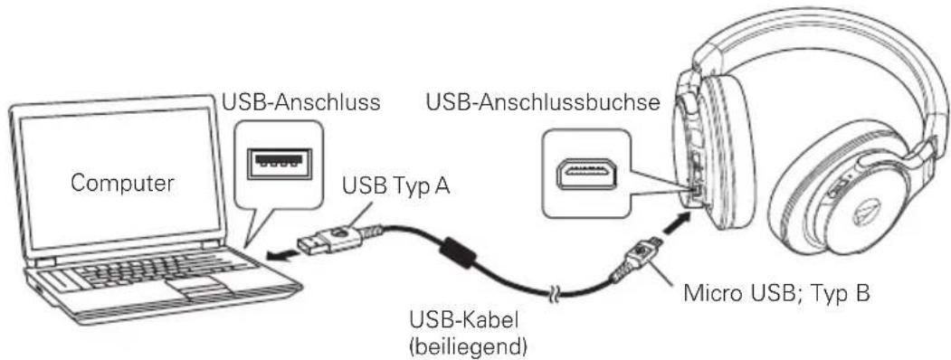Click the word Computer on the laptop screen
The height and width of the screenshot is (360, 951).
click(x=122, y=183)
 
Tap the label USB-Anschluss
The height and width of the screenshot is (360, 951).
click(x=300, y=102)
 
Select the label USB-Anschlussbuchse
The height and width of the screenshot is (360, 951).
click(x=543, y=102)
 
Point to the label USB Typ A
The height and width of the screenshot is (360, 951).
click(x=396, y=186)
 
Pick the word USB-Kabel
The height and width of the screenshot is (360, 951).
click(x=461, y=319)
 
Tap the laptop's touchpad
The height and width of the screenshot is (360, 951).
click(x=194, y=288)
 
